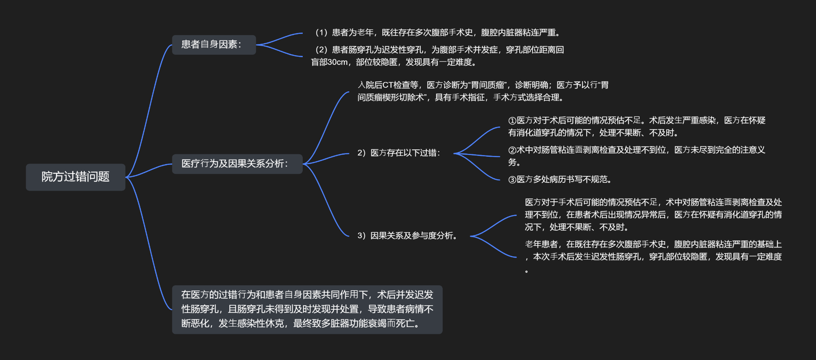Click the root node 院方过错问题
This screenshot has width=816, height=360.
[75, 177]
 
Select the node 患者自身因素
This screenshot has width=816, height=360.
[214, 44]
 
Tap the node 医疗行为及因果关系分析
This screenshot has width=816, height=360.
[237, 164]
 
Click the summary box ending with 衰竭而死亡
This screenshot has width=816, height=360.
[307, 309]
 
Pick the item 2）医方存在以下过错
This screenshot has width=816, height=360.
[399, 153]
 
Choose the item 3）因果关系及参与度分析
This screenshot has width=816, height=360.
[407, 236]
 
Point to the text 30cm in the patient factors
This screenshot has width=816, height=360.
[338, 62]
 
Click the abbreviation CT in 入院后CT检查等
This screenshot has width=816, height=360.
[388, 85]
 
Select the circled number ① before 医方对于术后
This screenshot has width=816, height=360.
[512, 121]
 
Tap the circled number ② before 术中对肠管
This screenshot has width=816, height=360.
[512, 150]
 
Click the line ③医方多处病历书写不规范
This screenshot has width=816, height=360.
[560, 180]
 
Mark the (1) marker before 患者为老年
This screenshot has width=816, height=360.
[322, 33]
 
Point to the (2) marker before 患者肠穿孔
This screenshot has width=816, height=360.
[322, 50]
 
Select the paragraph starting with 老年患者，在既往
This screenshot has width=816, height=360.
[653, 257]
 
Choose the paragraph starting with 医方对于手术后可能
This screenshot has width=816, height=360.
[653, 215]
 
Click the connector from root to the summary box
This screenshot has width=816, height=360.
[149, 243]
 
